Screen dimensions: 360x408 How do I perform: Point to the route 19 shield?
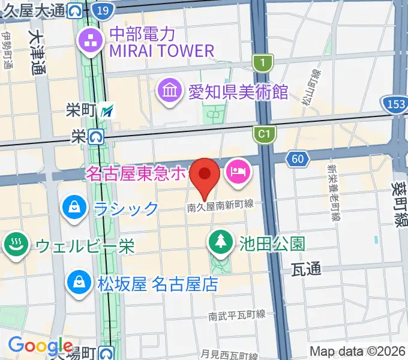click(103, 10)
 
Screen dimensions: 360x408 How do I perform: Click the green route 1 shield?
click(263, 62)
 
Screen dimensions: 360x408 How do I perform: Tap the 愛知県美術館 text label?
click(238, 92)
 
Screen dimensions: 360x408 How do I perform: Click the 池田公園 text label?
click(272, 244)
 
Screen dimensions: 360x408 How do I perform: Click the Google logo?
click(40, 346)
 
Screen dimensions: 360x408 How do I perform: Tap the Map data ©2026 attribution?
click(356, 351)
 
